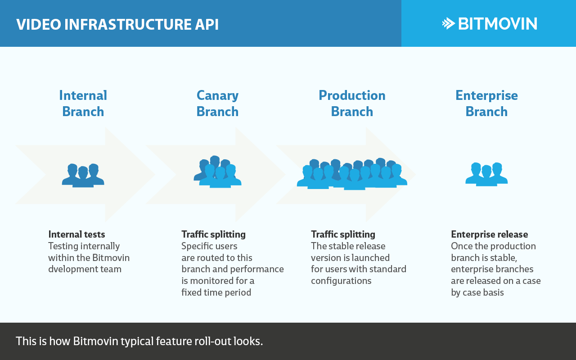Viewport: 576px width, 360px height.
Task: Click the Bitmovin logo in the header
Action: pos(490,23)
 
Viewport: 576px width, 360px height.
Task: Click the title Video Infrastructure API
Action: pos(117,24)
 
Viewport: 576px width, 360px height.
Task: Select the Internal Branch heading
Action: pos(83,103)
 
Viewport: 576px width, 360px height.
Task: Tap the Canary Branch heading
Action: pos(217,103)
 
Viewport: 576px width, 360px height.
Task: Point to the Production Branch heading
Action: pos(352,103)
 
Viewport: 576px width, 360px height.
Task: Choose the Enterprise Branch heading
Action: pos(486,103)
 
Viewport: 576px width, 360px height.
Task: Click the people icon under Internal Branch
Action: pos(83,175)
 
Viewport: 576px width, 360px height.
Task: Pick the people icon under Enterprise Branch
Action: pos(486,174)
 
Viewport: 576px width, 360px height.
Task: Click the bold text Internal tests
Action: pos(76,234)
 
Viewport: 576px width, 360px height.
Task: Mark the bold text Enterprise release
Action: pos(489,234)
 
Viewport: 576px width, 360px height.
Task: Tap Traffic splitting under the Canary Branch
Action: pos(213,234)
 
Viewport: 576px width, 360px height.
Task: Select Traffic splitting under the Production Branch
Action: pos(343,234)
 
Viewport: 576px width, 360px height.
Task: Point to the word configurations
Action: pos(341,281)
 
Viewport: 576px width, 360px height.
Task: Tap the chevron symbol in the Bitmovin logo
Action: pos(449,23)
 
